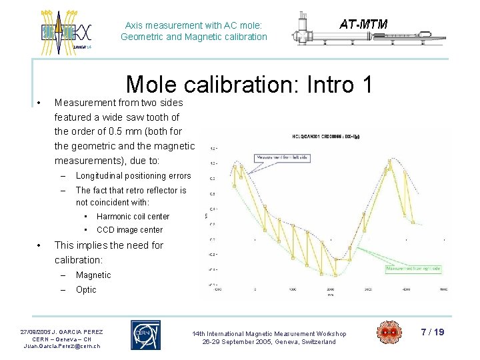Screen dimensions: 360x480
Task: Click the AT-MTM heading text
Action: (x=363, y=25)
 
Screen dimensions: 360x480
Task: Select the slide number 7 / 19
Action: (x=433, y=331)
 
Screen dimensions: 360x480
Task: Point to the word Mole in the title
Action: (x=149, y=85)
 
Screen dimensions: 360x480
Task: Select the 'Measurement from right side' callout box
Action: (x=414, y=269)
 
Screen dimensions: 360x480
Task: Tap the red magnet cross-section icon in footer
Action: (x=389, y=333)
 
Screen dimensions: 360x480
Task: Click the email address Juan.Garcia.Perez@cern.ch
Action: (x=62, y=346)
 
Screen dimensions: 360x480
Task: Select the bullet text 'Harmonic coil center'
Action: (x=133, y=216)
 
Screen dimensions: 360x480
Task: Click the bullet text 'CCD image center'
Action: (x=129, y=230)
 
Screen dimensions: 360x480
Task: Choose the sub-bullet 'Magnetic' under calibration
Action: (x=93, y=275)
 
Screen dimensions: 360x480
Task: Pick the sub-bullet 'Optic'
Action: (x=86, y=289)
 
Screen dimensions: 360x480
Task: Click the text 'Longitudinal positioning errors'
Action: (x=133, y=176)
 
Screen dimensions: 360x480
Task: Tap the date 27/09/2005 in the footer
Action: (x=38, y=331)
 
